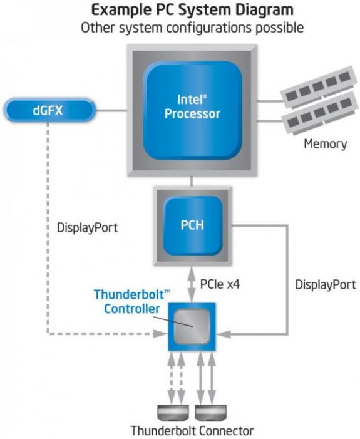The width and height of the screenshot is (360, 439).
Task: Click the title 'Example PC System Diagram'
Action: click(192, 11)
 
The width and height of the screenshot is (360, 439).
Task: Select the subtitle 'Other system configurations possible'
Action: click(192, 29)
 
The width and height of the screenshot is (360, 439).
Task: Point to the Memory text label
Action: click(325, 144)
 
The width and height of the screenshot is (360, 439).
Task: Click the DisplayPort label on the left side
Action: click(87, 227)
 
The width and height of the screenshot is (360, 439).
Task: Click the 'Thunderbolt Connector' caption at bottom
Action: click(192, 431)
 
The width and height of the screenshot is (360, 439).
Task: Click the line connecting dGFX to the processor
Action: click(110, 111)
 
